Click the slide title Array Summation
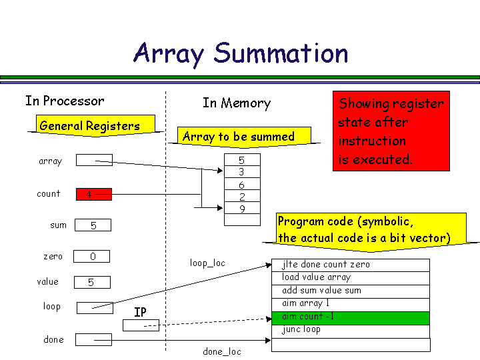(241, 53)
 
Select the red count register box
(94, 195)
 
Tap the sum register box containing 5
(93, 225)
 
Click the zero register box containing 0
(92, 257)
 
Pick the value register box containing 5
(91, 282)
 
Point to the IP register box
(141, 325)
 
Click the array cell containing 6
(241, 185)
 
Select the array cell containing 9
(241, 209)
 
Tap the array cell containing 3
(241, 172)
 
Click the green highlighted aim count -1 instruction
(351, 317)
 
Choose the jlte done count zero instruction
(351, 265)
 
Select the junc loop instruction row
(351, 330)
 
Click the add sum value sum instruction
(351, 291)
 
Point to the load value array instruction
(351, 278)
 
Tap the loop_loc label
(207, 263)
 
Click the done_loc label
(222, 351)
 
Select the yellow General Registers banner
(89, 125)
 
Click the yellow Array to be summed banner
(238, 137)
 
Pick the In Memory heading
(237, 103)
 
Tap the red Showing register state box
(391, 131)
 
